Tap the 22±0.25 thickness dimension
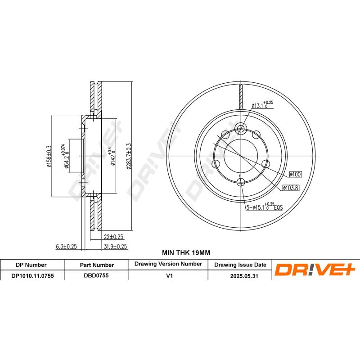(x=113, y=237)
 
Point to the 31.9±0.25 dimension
(x=116, y=246)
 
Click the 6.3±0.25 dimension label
(x=66, y=246)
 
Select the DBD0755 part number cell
(x=97, y=276)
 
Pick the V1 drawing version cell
(x=169, y=276)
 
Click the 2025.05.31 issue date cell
(x=240, y=276)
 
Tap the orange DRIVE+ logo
(x=315, y=270)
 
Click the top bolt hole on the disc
(x=241, y=129)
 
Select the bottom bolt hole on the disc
(x=241, y=182)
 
